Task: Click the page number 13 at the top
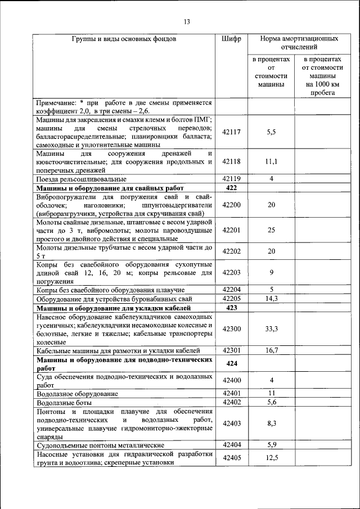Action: point(187,22)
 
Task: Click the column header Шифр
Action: point(231,39)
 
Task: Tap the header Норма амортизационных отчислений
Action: point(299,44)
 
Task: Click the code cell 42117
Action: point(231,132)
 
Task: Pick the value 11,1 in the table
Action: point(271,161)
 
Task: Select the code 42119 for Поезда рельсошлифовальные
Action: point(231,178)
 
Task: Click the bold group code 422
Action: point(231,188)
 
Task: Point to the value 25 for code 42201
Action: point(271,230)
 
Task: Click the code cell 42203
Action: point(231,272)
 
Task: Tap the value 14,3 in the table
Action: point(271,299)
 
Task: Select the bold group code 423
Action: point(231,308)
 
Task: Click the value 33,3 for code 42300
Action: point(271,328)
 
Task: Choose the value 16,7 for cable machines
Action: point(271,350)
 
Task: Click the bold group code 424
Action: point(231,363)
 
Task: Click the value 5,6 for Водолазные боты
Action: point(271,402)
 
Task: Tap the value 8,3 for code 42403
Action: point(271,424)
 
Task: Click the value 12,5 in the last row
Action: point(271,458)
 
